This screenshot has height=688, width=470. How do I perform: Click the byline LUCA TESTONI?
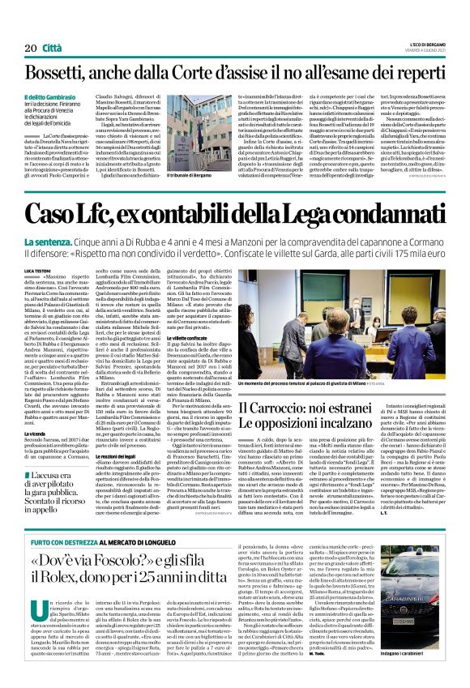point(40,269)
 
